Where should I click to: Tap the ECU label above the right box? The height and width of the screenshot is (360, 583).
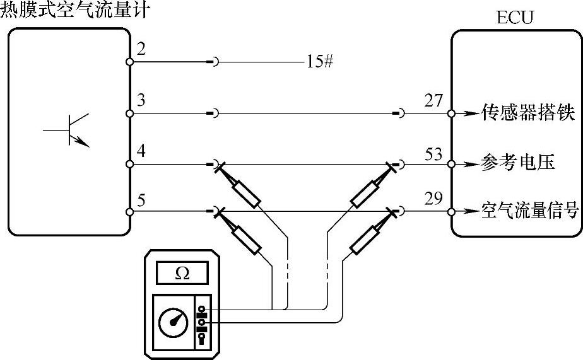click(x=515, y=17)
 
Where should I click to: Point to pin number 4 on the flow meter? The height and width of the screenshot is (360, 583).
click(x=141, y=152)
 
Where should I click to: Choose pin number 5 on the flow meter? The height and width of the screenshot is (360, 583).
click(x=141, y=200)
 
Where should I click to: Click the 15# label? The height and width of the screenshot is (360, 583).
click(x=320, y=62)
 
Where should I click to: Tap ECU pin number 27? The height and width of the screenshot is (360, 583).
click(x=433, y=101)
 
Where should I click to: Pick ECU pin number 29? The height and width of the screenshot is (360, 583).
click(x=433, y=199)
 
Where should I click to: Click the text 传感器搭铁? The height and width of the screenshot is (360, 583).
click(x=527, y=114)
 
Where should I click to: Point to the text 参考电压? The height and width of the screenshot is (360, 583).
click(x=517, y=163)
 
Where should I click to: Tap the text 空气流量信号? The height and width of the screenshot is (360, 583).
click(x=530, y=211)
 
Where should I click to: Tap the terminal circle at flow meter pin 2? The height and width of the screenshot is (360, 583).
click(x=129, y=62)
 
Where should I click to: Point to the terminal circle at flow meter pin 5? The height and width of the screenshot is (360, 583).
click(x=129, y=212)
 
